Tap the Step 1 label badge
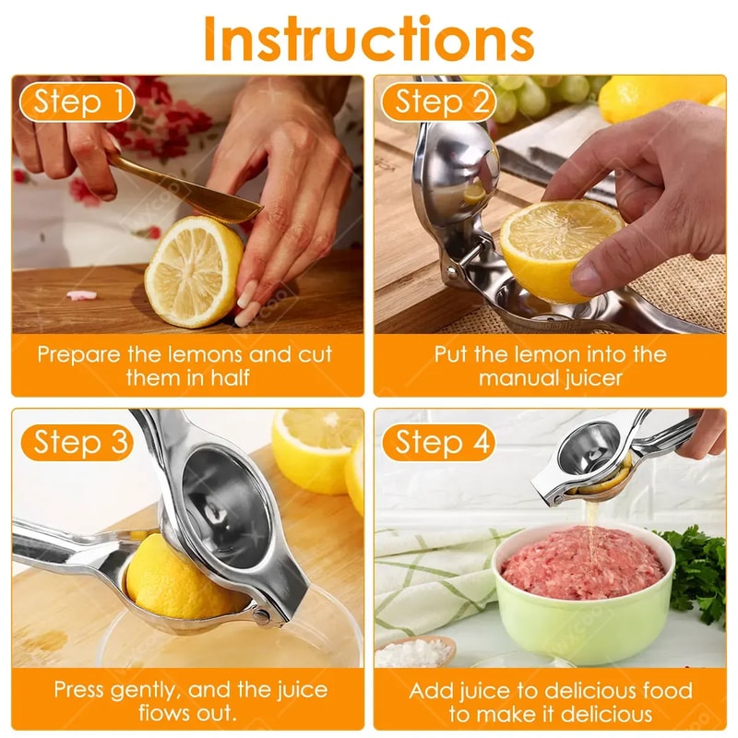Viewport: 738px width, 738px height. (77, 101)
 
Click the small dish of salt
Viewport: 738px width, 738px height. (415, 651)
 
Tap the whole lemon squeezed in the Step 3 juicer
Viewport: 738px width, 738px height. (175, 581)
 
